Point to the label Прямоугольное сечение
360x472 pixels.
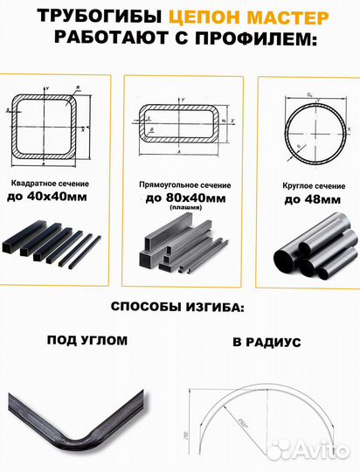[x=180, y=185]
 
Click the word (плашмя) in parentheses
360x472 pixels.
[x=180, y=210]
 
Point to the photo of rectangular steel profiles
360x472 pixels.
[x=181, y=248]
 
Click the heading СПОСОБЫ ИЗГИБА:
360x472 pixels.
[x=179, y=308]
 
